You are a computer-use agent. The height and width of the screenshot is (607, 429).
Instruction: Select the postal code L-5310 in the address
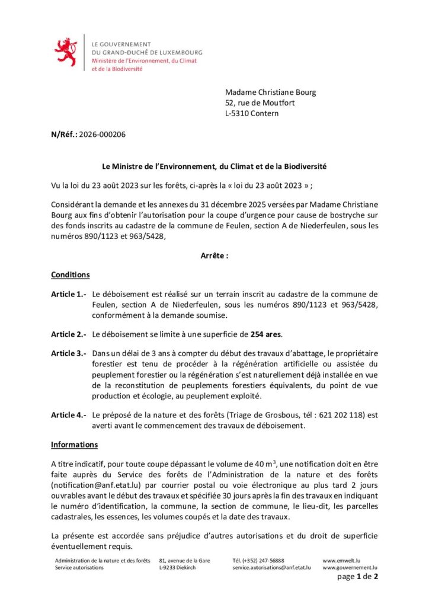(x=238, y=114)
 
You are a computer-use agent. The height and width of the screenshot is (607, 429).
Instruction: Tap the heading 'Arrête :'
(x=214, y=255)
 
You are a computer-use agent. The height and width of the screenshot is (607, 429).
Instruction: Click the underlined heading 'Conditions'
(x=71, y=275)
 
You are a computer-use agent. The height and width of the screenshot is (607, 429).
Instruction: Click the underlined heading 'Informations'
(x=75, y=445)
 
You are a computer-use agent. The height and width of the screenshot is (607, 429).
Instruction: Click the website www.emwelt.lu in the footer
(x=342, y=560)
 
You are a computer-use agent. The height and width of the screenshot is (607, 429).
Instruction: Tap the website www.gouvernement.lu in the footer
(x=350, y=567)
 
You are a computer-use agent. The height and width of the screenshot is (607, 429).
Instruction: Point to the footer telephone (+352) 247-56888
(x=258, y=560)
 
